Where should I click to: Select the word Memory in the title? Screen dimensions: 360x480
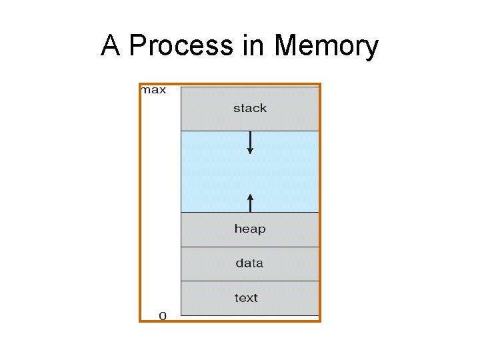pos(326,47)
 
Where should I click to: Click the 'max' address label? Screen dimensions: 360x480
pos(153,90)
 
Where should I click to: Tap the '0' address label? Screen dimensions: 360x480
pos(162,315)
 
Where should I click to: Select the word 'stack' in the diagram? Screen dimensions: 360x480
pos(250,108)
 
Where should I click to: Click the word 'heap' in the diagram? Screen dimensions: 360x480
pos(250,229)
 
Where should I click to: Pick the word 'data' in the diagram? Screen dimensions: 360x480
pos(249,263)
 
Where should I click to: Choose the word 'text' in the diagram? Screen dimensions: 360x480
pos(246,298)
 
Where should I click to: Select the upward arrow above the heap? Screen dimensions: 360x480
pos(250,202)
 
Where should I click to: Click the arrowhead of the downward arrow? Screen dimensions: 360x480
pos(250,151)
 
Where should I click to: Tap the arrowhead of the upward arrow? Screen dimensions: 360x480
pos(250,196)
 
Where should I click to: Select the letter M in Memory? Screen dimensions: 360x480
pos(285,47)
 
